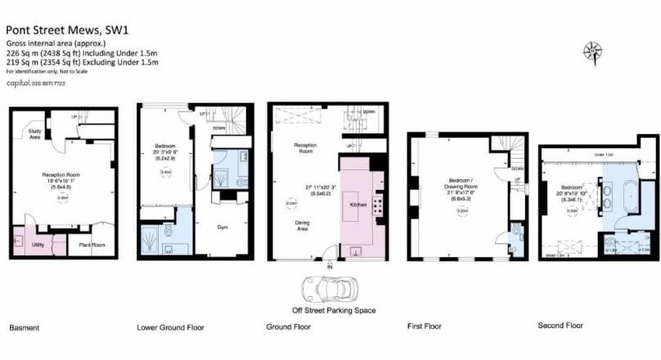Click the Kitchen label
tap(357, 204)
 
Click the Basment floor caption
tap(24, 328)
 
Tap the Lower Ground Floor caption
tap(170, 328)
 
